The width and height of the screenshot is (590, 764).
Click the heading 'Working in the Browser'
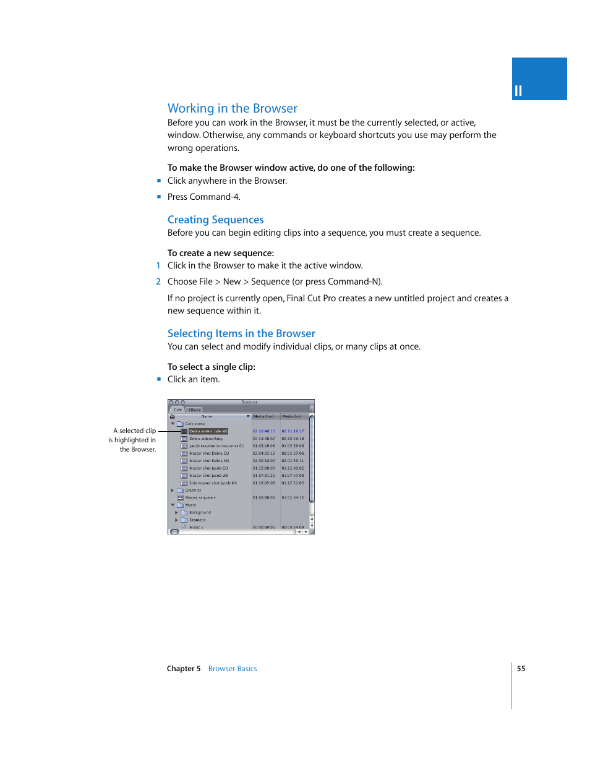click(232, 108)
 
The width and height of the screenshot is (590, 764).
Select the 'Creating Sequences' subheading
click(215, 220)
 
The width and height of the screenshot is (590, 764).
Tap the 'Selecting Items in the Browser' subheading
click(241, 333)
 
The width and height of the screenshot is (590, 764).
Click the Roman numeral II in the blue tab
click(518, 92)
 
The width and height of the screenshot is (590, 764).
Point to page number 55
click(521, 669)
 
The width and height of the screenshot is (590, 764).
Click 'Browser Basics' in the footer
click(233, 669)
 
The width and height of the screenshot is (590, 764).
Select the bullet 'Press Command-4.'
click(203, 197)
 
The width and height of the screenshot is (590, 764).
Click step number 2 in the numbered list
click(158, 281)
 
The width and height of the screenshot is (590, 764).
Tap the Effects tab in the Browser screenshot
click(195, 410)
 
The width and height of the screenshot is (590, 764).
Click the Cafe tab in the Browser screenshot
click(177, 410)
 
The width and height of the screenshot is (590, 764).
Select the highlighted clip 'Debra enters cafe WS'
click(208, 431)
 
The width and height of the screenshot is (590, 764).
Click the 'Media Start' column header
click(264, 416)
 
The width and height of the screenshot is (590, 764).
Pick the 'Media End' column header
click(292, 416)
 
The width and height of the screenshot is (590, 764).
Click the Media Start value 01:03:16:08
click(263, 446)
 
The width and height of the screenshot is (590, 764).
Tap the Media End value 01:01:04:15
click(293, 498)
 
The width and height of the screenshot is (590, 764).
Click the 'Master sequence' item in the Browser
click(200, 498)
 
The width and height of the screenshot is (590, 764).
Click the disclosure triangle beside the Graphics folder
click(173, 491)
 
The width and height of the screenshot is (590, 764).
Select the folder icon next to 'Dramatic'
click(184, 520)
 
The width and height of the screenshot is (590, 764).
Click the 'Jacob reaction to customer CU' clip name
click(216, 446)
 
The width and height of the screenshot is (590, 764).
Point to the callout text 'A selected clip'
click(134, 431)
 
